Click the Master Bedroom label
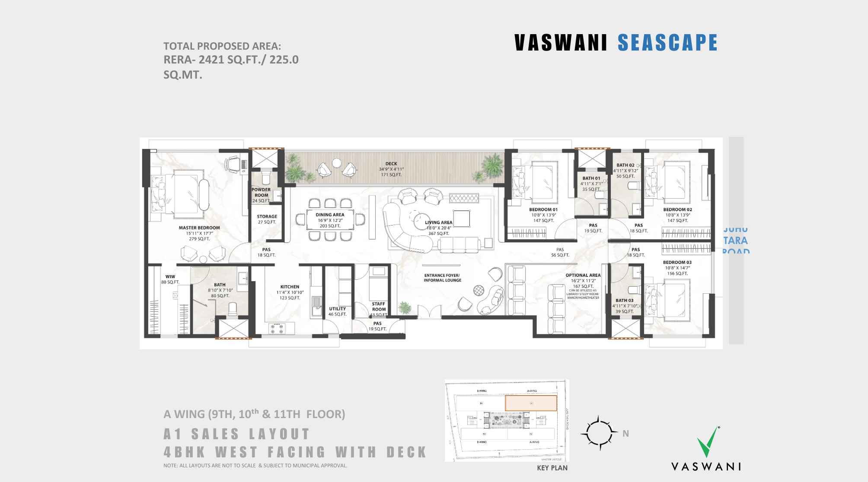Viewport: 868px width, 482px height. tap(199, 228)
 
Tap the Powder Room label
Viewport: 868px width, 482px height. tap(261, 193)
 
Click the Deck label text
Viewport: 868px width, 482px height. tap(391, 164)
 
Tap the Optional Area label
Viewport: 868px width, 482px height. tap(583, 275)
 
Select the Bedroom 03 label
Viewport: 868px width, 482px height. tap(677, 262)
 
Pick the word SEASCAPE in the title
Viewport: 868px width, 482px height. tap(667, 43)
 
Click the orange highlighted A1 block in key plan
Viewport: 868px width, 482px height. tap(531, 403)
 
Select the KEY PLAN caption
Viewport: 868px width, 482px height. tap(552, 468)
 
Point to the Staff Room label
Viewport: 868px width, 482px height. tap(379, 306)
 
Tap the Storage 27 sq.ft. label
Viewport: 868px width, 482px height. tap(267, 219)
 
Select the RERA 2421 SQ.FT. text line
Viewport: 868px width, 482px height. tap(231, 60)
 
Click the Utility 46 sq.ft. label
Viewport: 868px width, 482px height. tap(337, 311)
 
